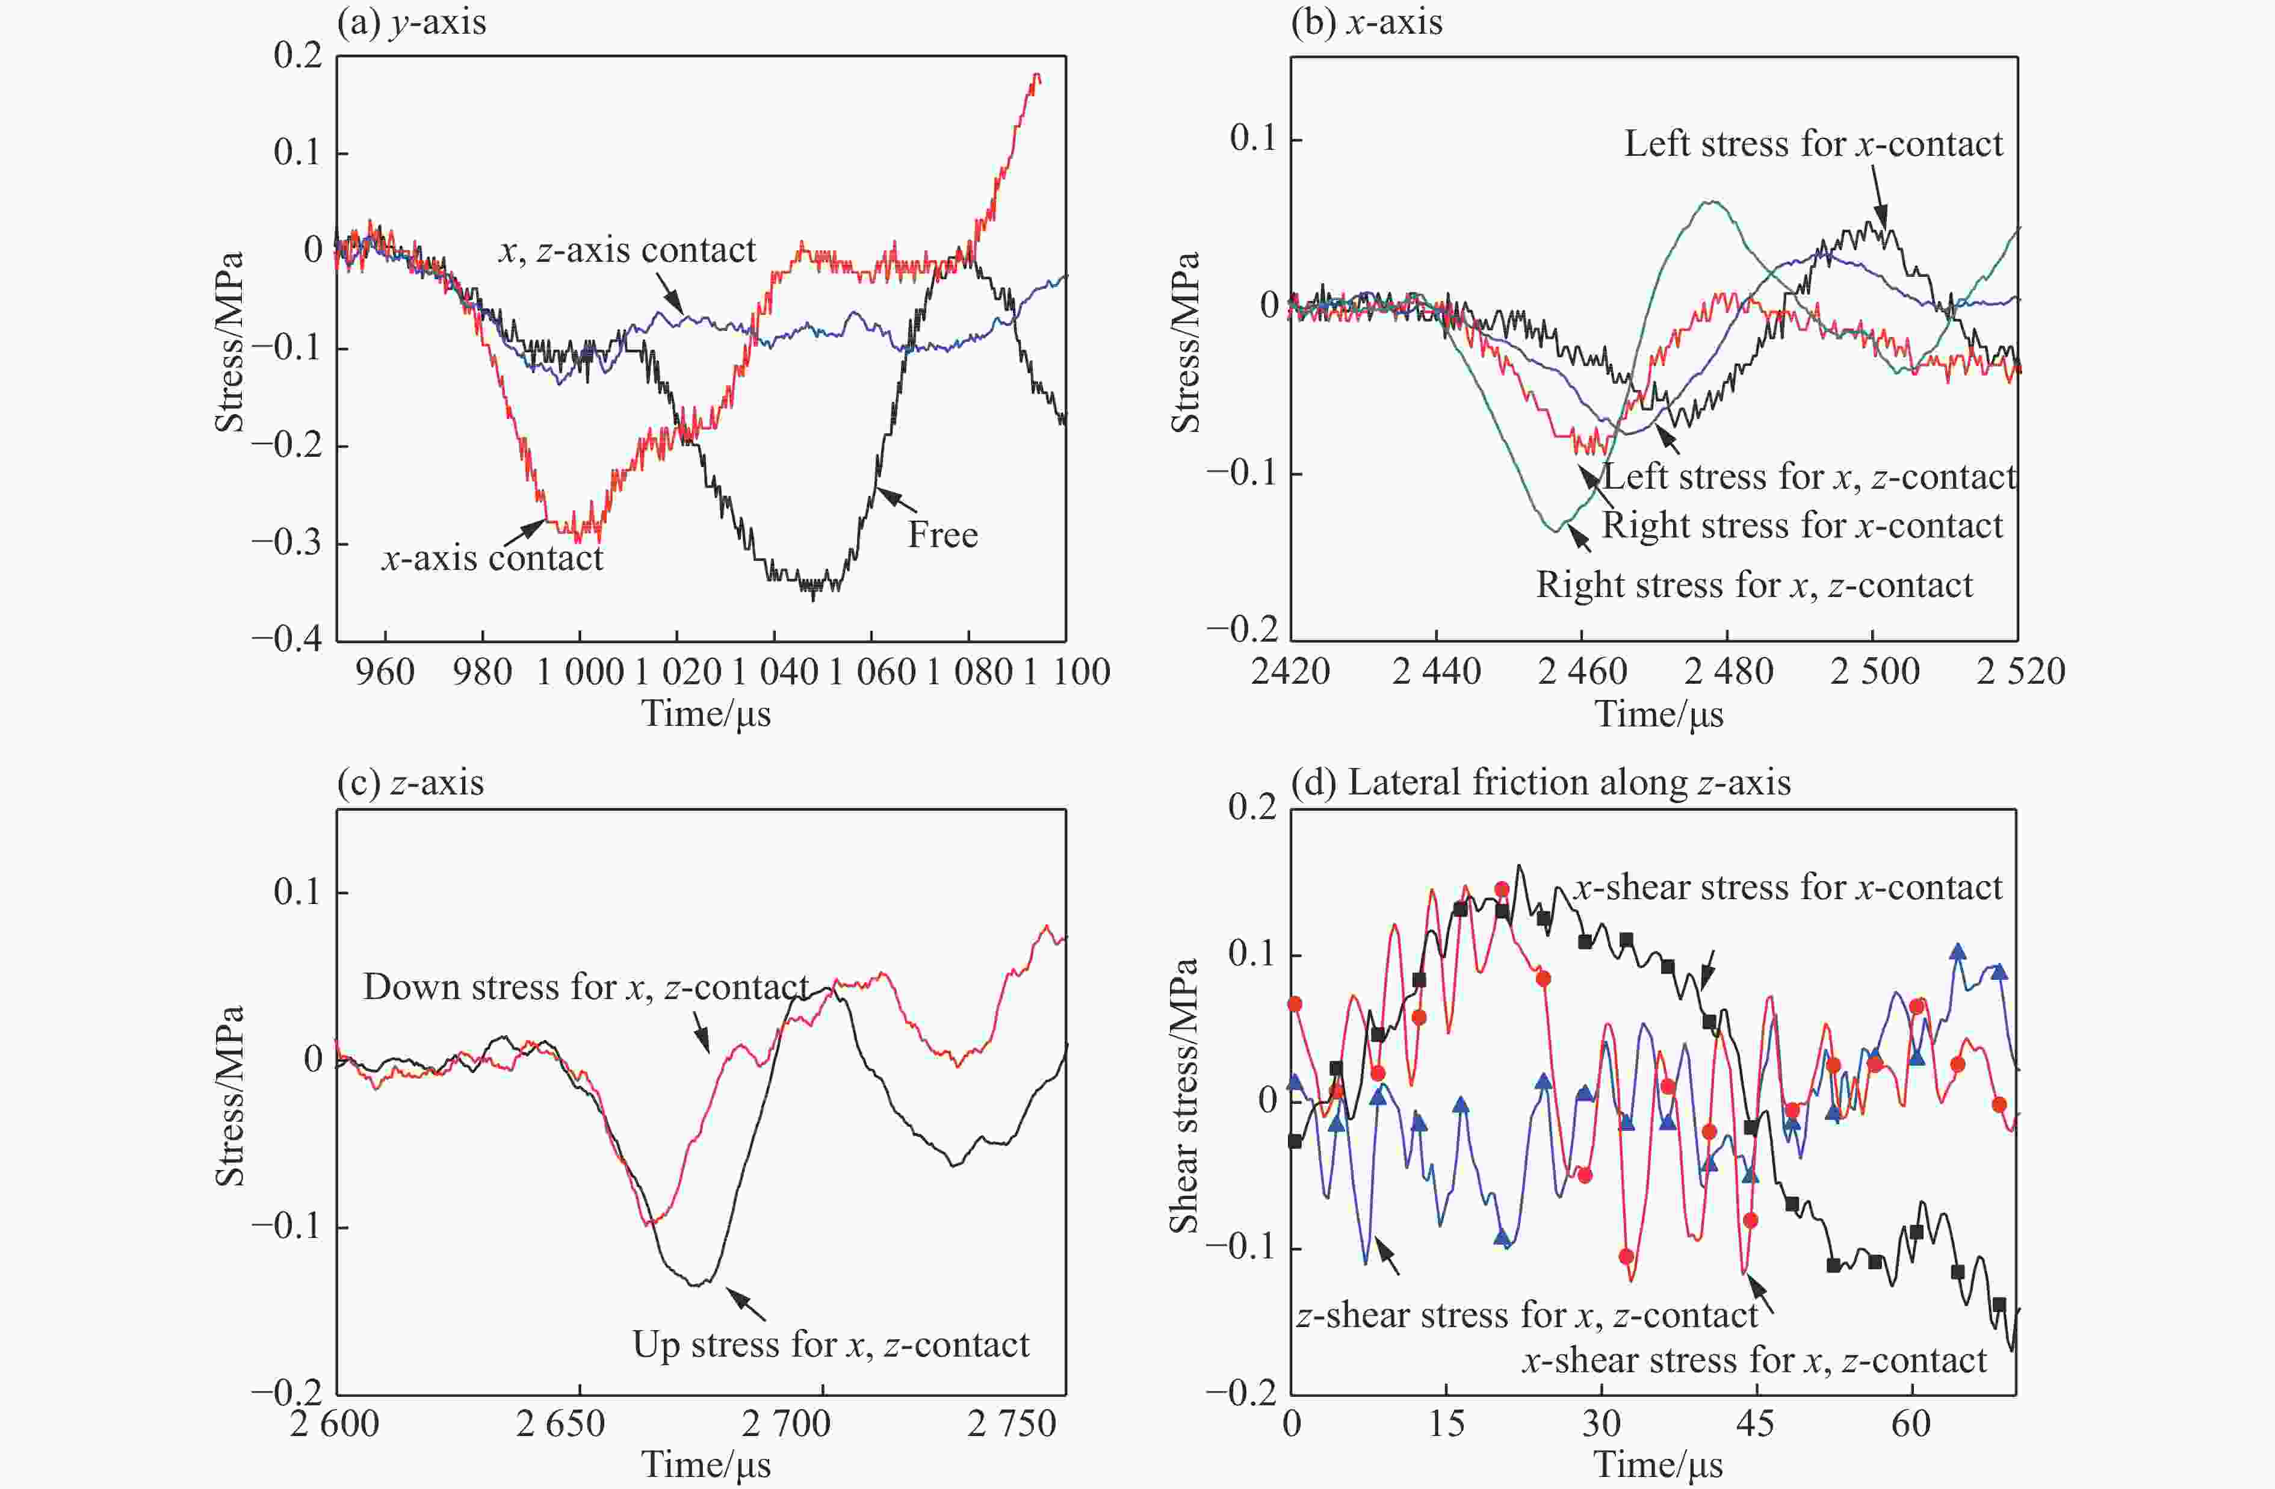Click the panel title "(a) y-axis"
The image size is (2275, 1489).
411,22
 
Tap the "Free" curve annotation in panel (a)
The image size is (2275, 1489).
942,535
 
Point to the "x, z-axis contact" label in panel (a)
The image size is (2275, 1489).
627,250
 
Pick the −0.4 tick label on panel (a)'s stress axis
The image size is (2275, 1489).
286,639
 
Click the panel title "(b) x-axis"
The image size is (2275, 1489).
1366,22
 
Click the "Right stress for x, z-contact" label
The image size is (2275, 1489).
1753,585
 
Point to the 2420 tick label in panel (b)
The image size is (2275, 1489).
1290,672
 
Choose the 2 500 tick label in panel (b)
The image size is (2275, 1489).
1874,672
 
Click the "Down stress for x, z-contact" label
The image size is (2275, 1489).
585,987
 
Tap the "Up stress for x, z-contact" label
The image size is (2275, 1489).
830,1345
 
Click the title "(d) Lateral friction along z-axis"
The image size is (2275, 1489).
1540,783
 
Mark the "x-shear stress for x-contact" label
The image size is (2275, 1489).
1787,888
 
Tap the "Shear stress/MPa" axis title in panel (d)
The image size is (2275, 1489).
1183,1096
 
